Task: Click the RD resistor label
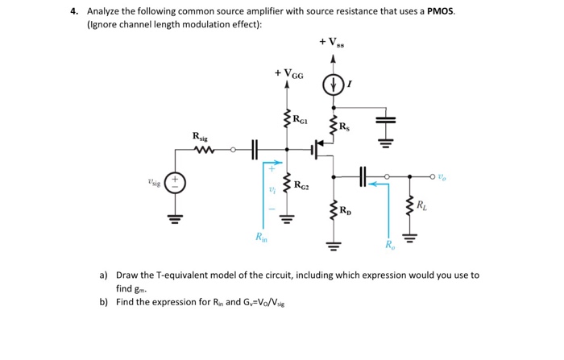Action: [346, 213]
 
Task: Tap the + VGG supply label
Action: [289, 74]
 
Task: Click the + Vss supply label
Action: [334, 41]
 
